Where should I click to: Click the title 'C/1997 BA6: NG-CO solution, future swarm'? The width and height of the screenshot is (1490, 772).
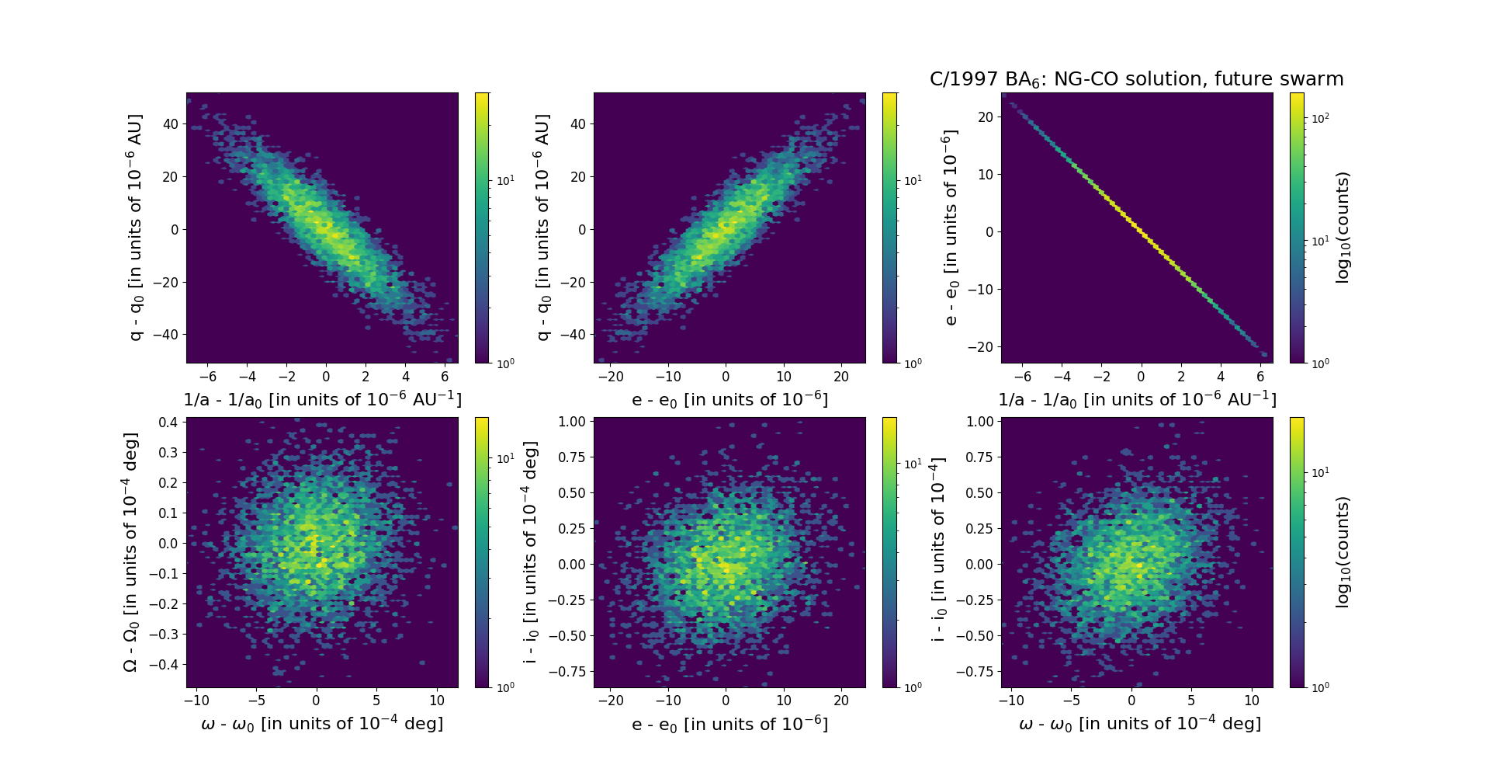(1136, 79)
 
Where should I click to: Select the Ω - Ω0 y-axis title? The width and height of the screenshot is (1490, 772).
(131, 552)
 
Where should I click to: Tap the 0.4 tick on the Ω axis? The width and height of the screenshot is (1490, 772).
(169, 423)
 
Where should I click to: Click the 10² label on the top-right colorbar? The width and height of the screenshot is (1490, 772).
(1319, 118)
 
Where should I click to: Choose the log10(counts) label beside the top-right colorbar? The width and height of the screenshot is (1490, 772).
(1343, 228)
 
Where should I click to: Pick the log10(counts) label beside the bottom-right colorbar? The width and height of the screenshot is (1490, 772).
(1343, 552)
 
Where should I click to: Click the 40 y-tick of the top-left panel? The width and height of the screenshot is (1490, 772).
(171, 124)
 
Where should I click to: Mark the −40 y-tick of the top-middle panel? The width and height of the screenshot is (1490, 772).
(574, 335)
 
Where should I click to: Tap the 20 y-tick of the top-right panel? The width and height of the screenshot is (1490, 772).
(986, 117)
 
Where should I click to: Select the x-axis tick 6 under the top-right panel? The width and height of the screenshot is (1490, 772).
(1260, 377)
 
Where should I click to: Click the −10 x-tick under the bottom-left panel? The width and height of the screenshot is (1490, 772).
(196, 701)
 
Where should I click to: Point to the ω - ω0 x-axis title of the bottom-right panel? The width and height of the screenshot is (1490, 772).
(1139, 724)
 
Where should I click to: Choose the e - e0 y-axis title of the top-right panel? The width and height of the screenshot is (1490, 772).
(950, 228)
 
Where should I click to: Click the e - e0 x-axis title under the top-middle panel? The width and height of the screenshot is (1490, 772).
(729, 400)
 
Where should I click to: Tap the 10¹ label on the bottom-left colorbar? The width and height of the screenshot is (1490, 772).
(505, 459)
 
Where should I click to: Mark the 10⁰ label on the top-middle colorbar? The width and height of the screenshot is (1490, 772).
(913, 363)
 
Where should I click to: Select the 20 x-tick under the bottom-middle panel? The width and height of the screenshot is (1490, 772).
(841, 701)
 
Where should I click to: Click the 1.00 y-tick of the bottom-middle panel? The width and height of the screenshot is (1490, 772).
(572, 422)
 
